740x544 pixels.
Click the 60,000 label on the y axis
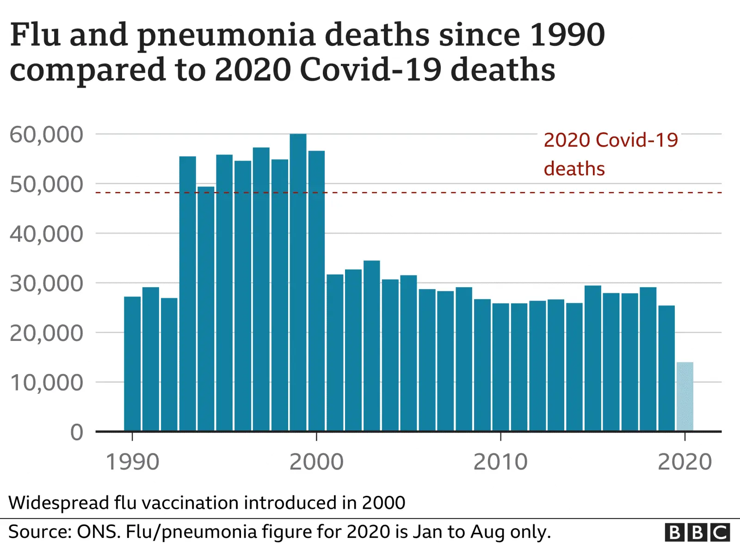(x=46, y=135)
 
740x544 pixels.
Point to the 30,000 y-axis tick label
(x=46, y=284)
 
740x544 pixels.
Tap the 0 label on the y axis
(x=77, y=433)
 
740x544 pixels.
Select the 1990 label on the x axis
(x=132, y=462)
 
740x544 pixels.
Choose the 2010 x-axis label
(x=500, y=462)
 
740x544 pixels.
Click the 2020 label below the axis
(x=684, y=462)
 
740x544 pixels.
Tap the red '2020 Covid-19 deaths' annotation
(x=610, y=154)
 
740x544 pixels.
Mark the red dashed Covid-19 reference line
(x=416, y=192)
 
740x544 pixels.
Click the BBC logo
(x=697, y=532)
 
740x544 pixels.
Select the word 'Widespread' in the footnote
(x=58, y=503)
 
